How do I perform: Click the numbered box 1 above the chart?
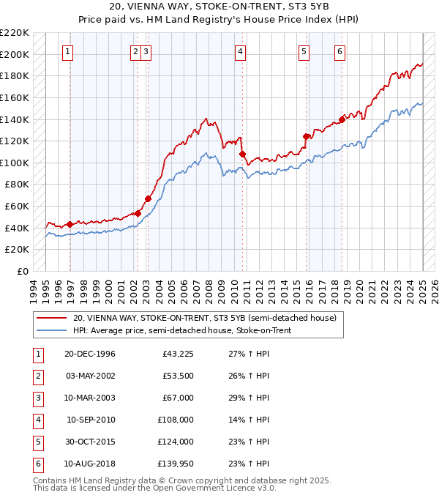click(x=67, y=51)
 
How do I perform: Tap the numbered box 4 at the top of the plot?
click(x=239, y=51)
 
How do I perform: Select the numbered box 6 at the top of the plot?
click(x=340, y=51)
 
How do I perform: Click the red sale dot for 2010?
click(x=242, y=154)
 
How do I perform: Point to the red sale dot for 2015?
click(x=307, y=135)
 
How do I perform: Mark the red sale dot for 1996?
click(x=70, y=224)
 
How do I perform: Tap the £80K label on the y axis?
click(x=17, y=185)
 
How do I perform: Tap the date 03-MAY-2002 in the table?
click(x=90, y=376)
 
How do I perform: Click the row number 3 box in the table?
click(x=37, y=398)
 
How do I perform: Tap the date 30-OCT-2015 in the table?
click(x=90, y=442)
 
